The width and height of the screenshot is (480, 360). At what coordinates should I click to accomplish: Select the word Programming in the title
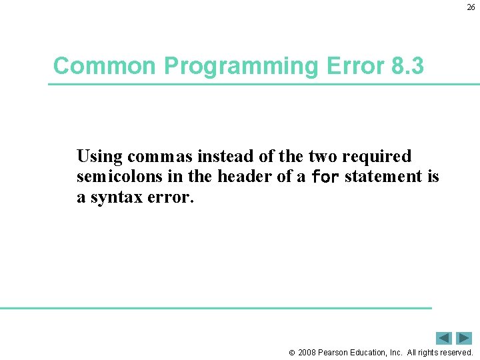click(x=241, y=66)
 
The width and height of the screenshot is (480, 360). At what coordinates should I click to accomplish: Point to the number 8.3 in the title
click(x=407, y=66)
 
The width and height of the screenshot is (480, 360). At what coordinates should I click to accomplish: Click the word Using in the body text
click(x=100, y=157)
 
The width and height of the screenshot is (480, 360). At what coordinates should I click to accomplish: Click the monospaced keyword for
click(x=325, y=177)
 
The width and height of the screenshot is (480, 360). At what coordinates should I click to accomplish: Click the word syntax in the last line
click(x=113, y=197)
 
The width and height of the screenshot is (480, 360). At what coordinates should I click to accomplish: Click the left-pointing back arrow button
click(x=444, y=338)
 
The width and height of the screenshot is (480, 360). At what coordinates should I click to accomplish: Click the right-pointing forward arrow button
click(x=464, y=338)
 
